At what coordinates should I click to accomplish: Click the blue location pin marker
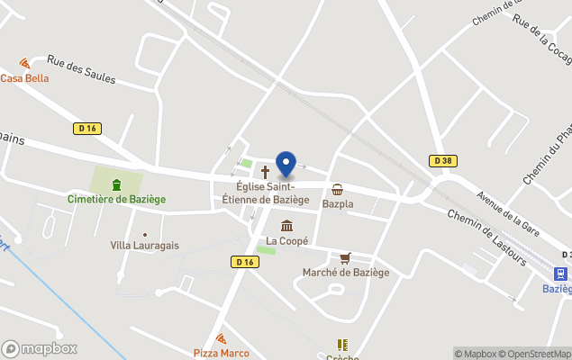286,164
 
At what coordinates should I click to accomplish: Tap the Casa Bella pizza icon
24,64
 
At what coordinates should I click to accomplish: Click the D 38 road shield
440,161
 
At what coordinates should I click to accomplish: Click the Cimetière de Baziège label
116,198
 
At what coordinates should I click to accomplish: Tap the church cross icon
265,171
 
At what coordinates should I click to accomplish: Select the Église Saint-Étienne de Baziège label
266,193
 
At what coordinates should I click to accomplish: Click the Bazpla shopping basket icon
338,189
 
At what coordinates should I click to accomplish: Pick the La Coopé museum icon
286,225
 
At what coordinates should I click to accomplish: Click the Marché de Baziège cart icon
345,257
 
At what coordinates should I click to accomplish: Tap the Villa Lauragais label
144,245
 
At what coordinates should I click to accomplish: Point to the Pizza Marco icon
221,338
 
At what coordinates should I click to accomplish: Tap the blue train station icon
560,274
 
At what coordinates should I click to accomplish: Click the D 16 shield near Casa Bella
86,129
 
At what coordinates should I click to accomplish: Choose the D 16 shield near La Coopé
244,262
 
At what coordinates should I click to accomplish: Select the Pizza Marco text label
221,353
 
